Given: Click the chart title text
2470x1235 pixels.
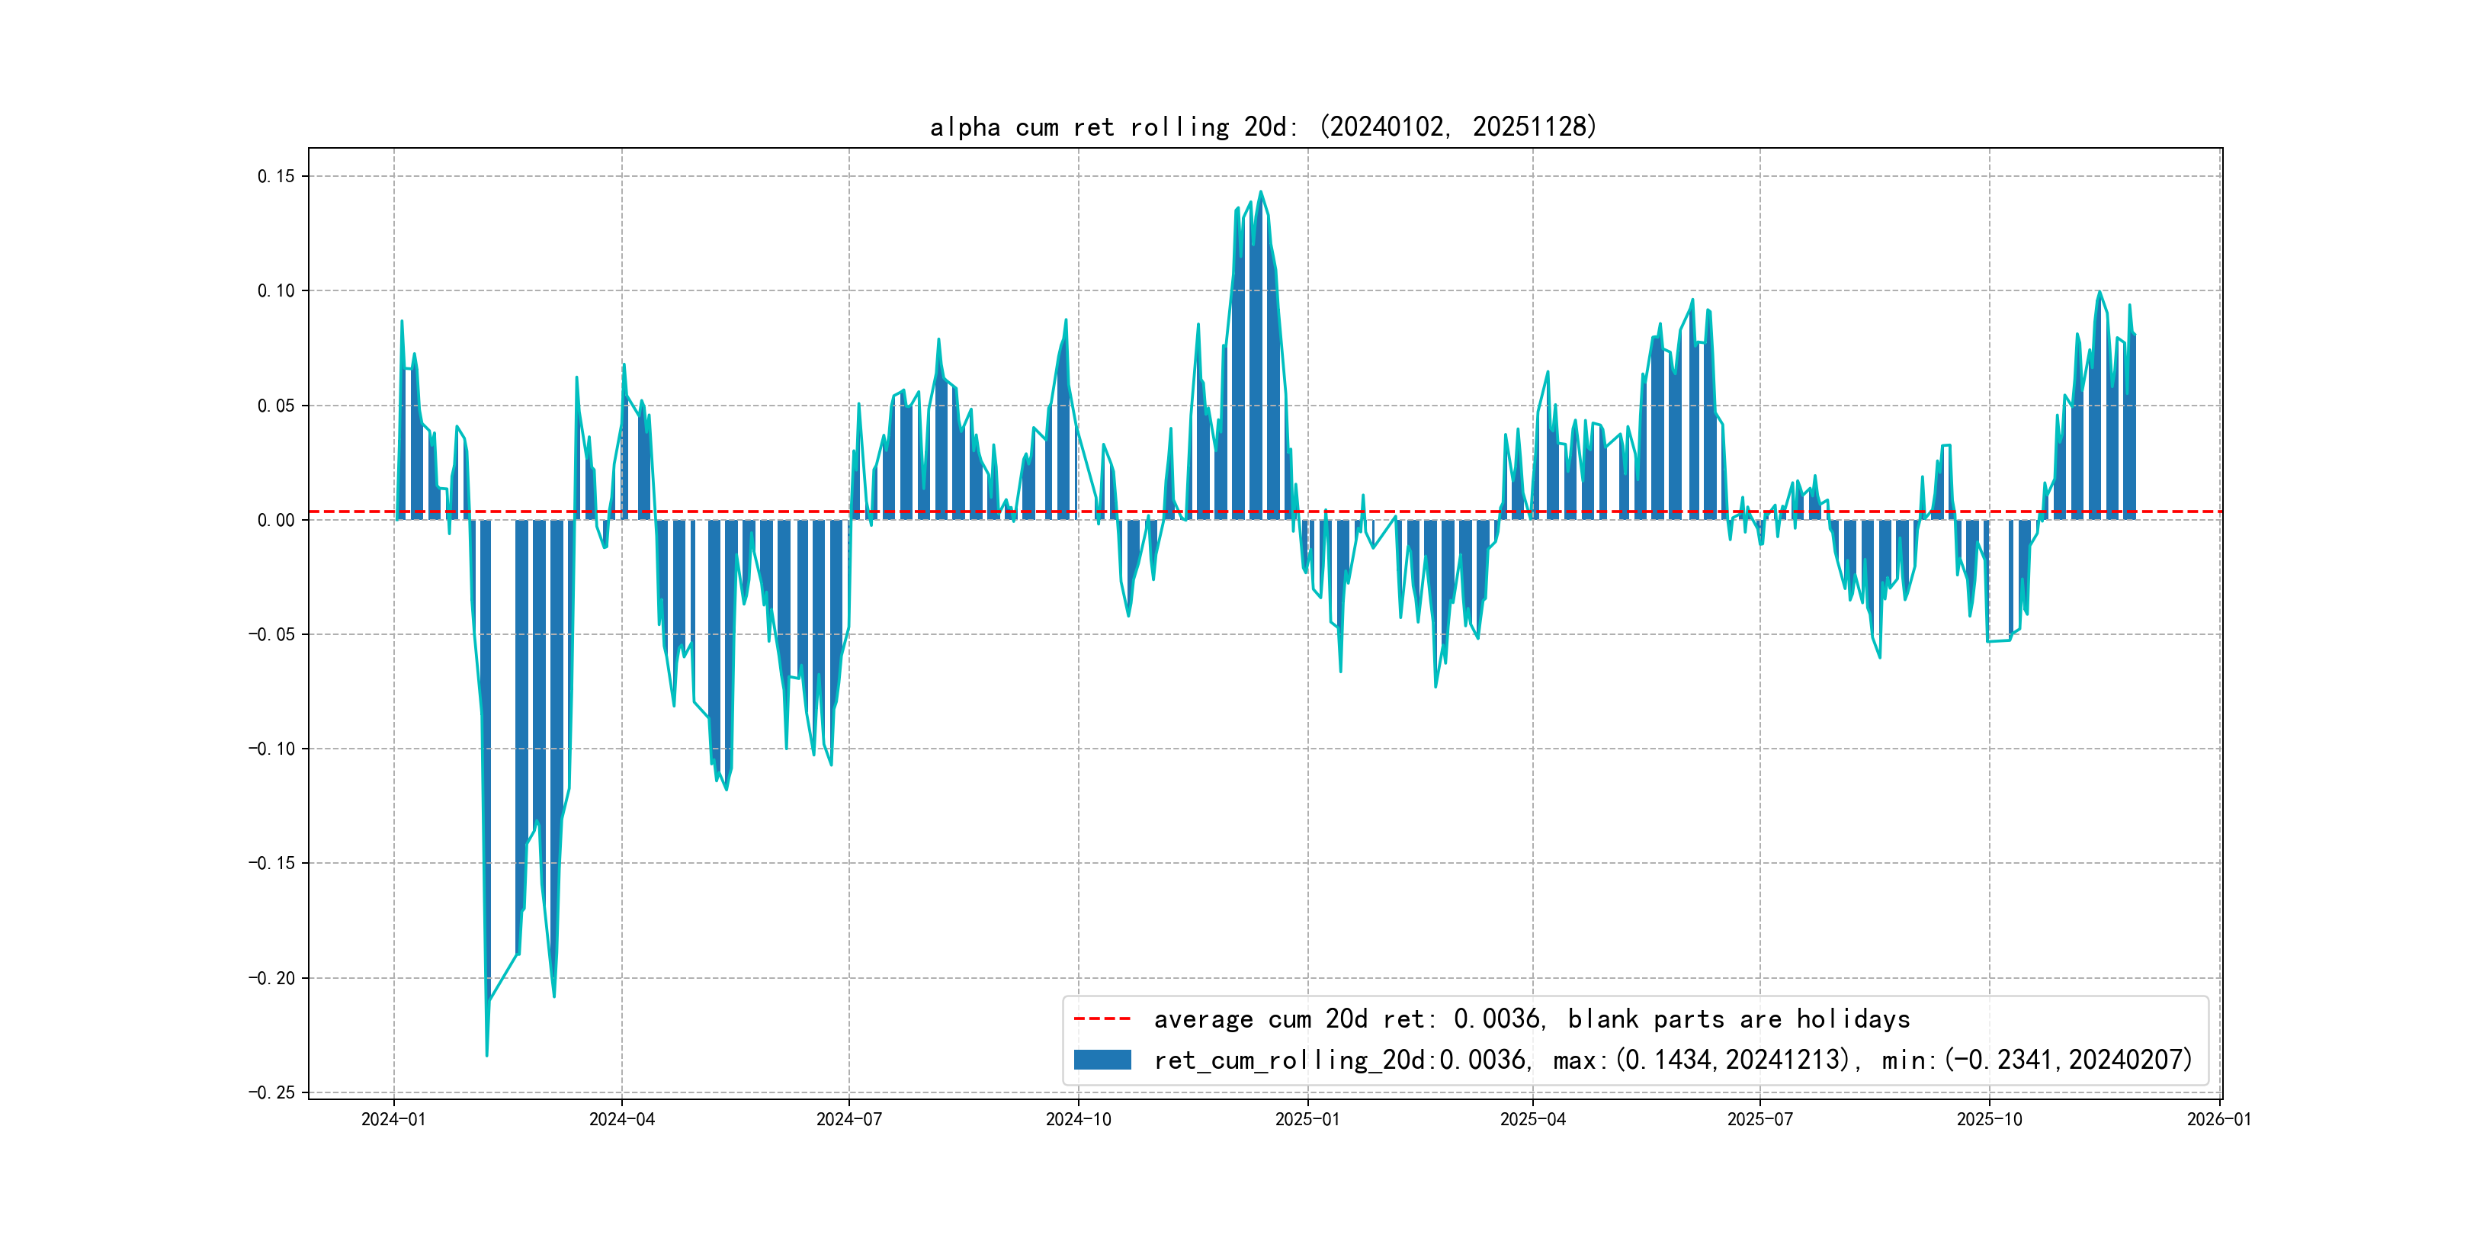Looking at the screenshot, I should (1262, 127).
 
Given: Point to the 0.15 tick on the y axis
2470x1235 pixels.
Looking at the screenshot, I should (276, 176).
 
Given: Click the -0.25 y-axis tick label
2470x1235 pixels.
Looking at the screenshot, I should (271, 1092).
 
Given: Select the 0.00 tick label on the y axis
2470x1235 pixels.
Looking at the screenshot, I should (276, 520).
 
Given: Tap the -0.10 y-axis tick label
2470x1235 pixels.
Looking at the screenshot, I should (271, 749).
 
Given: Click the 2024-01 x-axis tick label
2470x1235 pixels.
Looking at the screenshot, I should (393, 1119).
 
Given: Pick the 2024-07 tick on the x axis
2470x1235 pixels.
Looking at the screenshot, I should (848, 1119).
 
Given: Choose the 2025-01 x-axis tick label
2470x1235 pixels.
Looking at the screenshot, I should (1307, 1119).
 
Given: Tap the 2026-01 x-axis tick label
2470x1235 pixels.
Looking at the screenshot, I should (2218, 1119).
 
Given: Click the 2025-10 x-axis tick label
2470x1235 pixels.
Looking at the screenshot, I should (1989, 1119).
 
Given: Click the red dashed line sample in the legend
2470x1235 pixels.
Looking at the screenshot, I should (1102, 1018).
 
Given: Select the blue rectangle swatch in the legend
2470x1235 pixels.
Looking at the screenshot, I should (1102, 1060).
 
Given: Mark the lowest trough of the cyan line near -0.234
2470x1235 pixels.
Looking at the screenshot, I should (487, 1056).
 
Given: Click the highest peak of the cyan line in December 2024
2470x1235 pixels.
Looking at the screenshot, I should (1261, 192).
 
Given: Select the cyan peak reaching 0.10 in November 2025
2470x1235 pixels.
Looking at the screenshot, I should (2099, 291).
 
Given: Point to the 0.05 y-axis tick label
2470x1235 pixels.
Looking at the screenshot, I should (276, 406).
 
